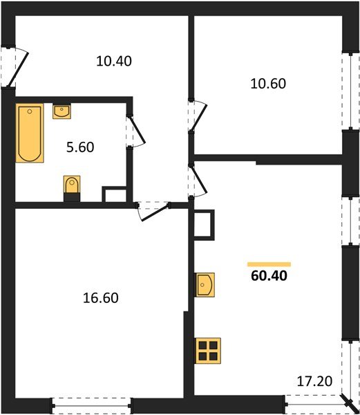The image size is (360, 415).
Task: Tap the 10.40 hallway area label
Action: pyautogui.click(x=114, y=61)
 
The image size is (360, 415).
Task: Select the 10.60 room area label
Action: pyautogui.click(x=267, y=84)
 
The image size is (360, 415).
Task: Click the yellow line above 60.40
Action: pyautogui.click(x=269, y=264)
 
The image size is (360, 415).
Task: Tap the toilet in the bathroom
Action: pyautogui.click(x=72, y=188)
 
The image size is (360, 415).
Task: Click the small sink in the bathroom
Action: pyautogui.click(x=62, y=111)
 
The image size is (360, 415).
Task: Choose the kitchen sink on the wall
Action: pyautogui.click(x=205, y=284)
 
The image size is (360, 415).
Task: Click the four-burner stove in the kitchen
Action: pyautogui.click(x=207, y=351)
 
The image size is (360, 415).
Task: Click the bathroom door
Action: pyautogui.click(x=134, y=131)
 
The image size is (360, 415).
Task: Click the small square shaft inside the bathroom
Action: pyautogui.click(x=113, y=194)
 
